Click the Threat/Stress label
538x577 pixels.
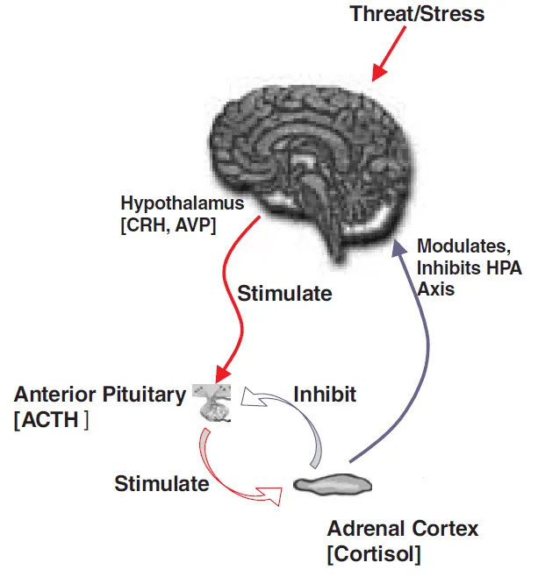pyautogui.click(x=417, y=14)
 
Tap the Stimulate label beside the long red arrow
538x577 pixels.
pyautogui.click(x=285, y=293)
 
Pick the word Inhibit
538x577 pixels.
pyautogui.click(x=325, y=394)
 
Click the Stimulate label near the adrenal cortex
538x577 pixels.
pyautogui.click(x=162, y=483)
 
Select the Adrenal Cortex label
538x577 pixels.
pyautogui.click(x=403, y=529)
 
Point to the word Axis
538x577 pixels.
pyautogui.click(x=437, y=288)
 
